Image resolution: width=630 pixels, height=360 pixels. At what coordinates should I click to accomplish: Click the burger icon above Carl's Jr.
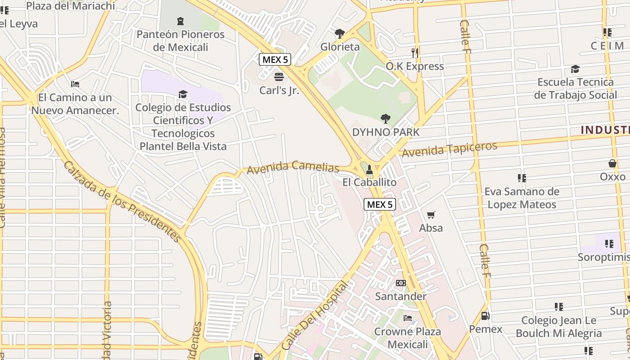click(279, 76)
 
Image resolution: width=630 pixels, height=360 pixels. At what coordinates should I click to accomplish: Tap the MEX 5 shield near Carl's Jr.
click(275, 59)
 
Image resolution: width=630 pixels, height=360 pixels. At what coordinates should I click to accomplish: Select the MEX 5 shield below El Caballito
click(379, 204)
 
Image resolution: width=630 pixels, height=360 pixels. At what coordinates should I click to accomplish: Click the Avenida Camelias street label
click(292, 167)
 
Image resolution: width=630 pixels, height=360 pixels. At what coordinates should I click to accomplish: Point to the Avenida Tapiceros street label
click(449, 149)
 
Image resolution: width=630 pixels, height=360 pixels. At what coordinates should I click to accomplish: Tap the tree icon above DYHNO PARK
click(385, 119)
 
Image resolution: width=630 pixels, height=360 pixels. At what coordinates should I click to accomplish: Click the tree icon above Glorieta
click(340, 33)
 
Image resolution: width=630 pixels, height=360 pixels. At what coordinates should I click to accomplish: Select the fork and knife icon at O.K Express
click(415, 53)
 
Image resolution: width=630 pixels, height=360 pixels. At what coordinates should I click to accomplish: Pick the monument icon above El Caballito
click(369, 169)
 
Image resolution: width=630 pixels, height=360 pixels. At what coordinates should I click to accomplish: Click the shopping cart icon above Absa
click(431, 215)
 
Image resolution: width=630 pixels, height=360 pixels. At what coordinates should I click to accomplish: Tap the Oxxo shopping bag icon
click(612, 163)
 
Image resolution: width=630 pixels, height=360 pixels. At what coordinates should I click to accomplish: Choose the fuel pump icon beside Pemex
click(485, 316)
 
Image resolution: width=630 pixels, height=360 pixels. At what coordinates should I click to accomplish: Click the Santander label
click(400, 297)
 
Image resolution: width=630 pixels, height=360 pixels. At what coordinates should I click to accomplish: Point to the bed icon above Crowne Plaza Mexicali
click(408, 318)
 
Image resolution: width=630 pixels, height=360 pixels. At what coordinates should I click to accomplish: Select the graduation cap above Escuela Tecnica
click(575, 69)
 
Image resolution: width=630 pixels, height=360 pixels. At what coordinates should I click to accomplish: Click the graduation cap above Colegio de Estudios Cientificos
click(183, 94)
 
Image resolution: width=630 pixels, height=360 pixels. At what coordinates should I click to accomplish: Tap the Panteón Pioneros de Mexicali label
click(180, 40)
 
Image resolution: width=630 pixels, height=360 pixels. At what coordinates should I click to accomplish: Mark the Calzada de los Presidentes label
click(122, 202)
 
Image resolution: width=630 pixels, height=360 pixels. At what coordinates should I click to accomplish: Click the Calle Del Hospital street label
click(315, 316)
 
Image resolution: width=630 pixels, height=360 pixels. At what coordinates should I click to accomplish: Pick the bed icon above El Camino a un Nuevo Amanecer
click(75, 84)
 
